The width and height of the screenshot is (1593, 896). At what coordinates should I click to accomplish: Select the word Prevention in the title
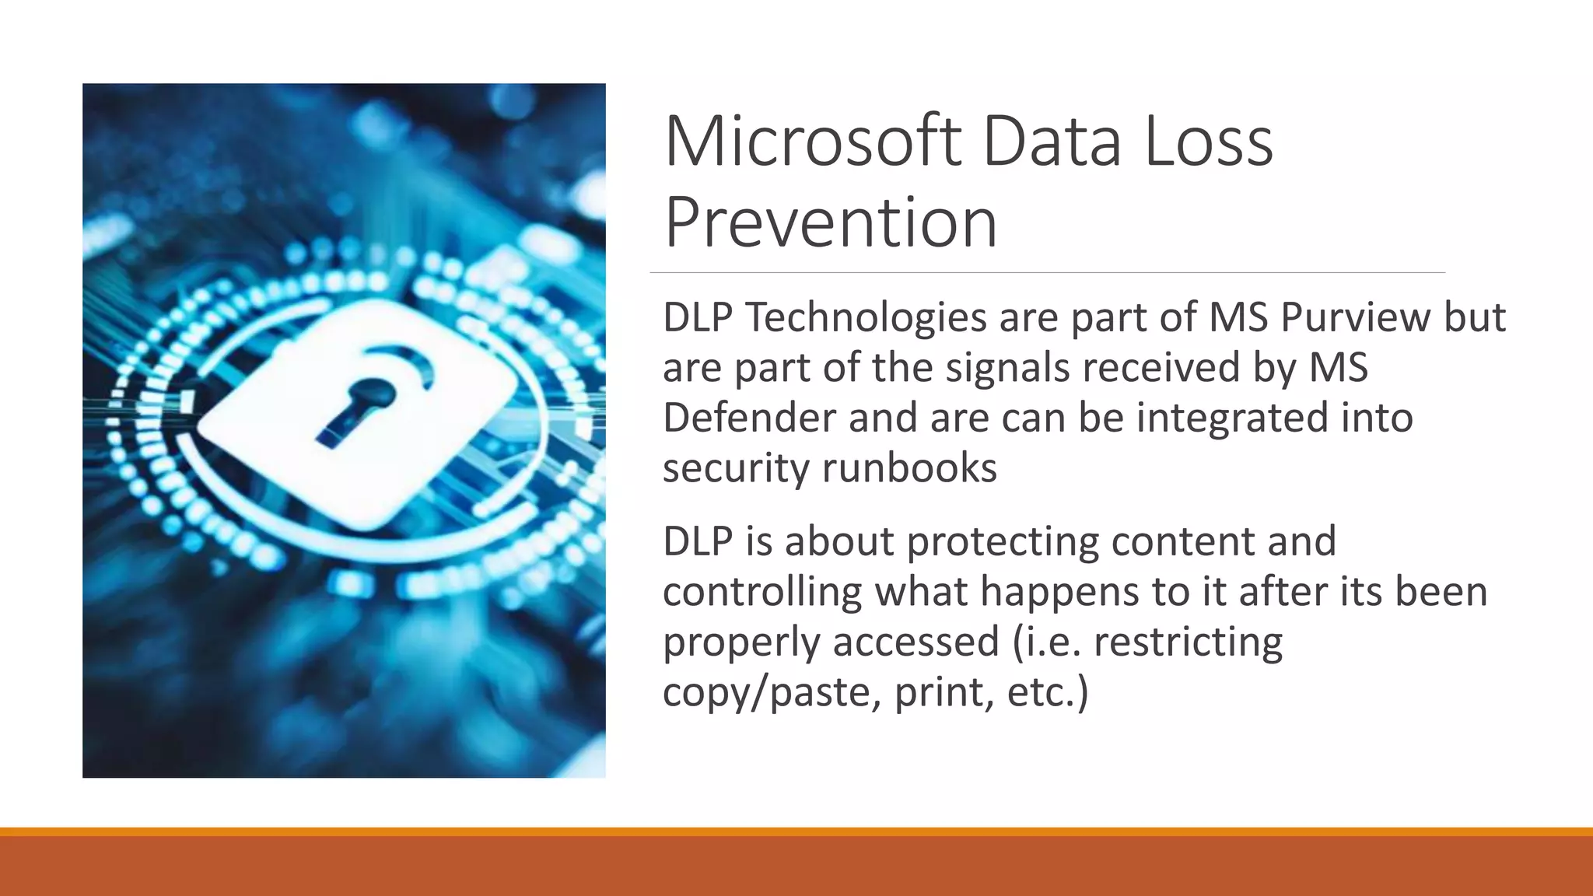pyautogui.click(x=830, y=223)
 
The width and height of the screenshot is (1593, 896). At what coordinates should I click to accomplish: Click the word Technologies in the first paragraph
pyautogui.click(x=865, y=317)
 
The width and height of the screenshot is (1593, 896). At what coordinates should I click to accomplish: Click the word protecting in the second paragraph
pyautogui.click(x=1003, y=542)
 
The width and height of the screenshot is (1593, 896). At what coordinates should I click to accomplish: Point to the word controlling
pyautogui.click(x=762, y=592)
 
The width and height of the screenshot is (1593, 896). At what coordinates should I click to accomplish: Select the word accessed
pyautogui.click(x=916, y=642)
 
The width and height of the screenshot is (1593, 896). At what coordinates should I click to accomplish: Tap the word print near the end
pyautogui.click(x=944, y=692)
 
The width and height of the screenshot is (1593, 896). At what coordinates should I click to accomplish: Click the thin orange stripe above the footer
pyautogui.click(x=796, y=831)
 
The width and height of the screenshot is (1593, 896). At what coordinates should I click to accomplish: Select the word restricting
pyautogui.click(x=1188, y=642)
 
